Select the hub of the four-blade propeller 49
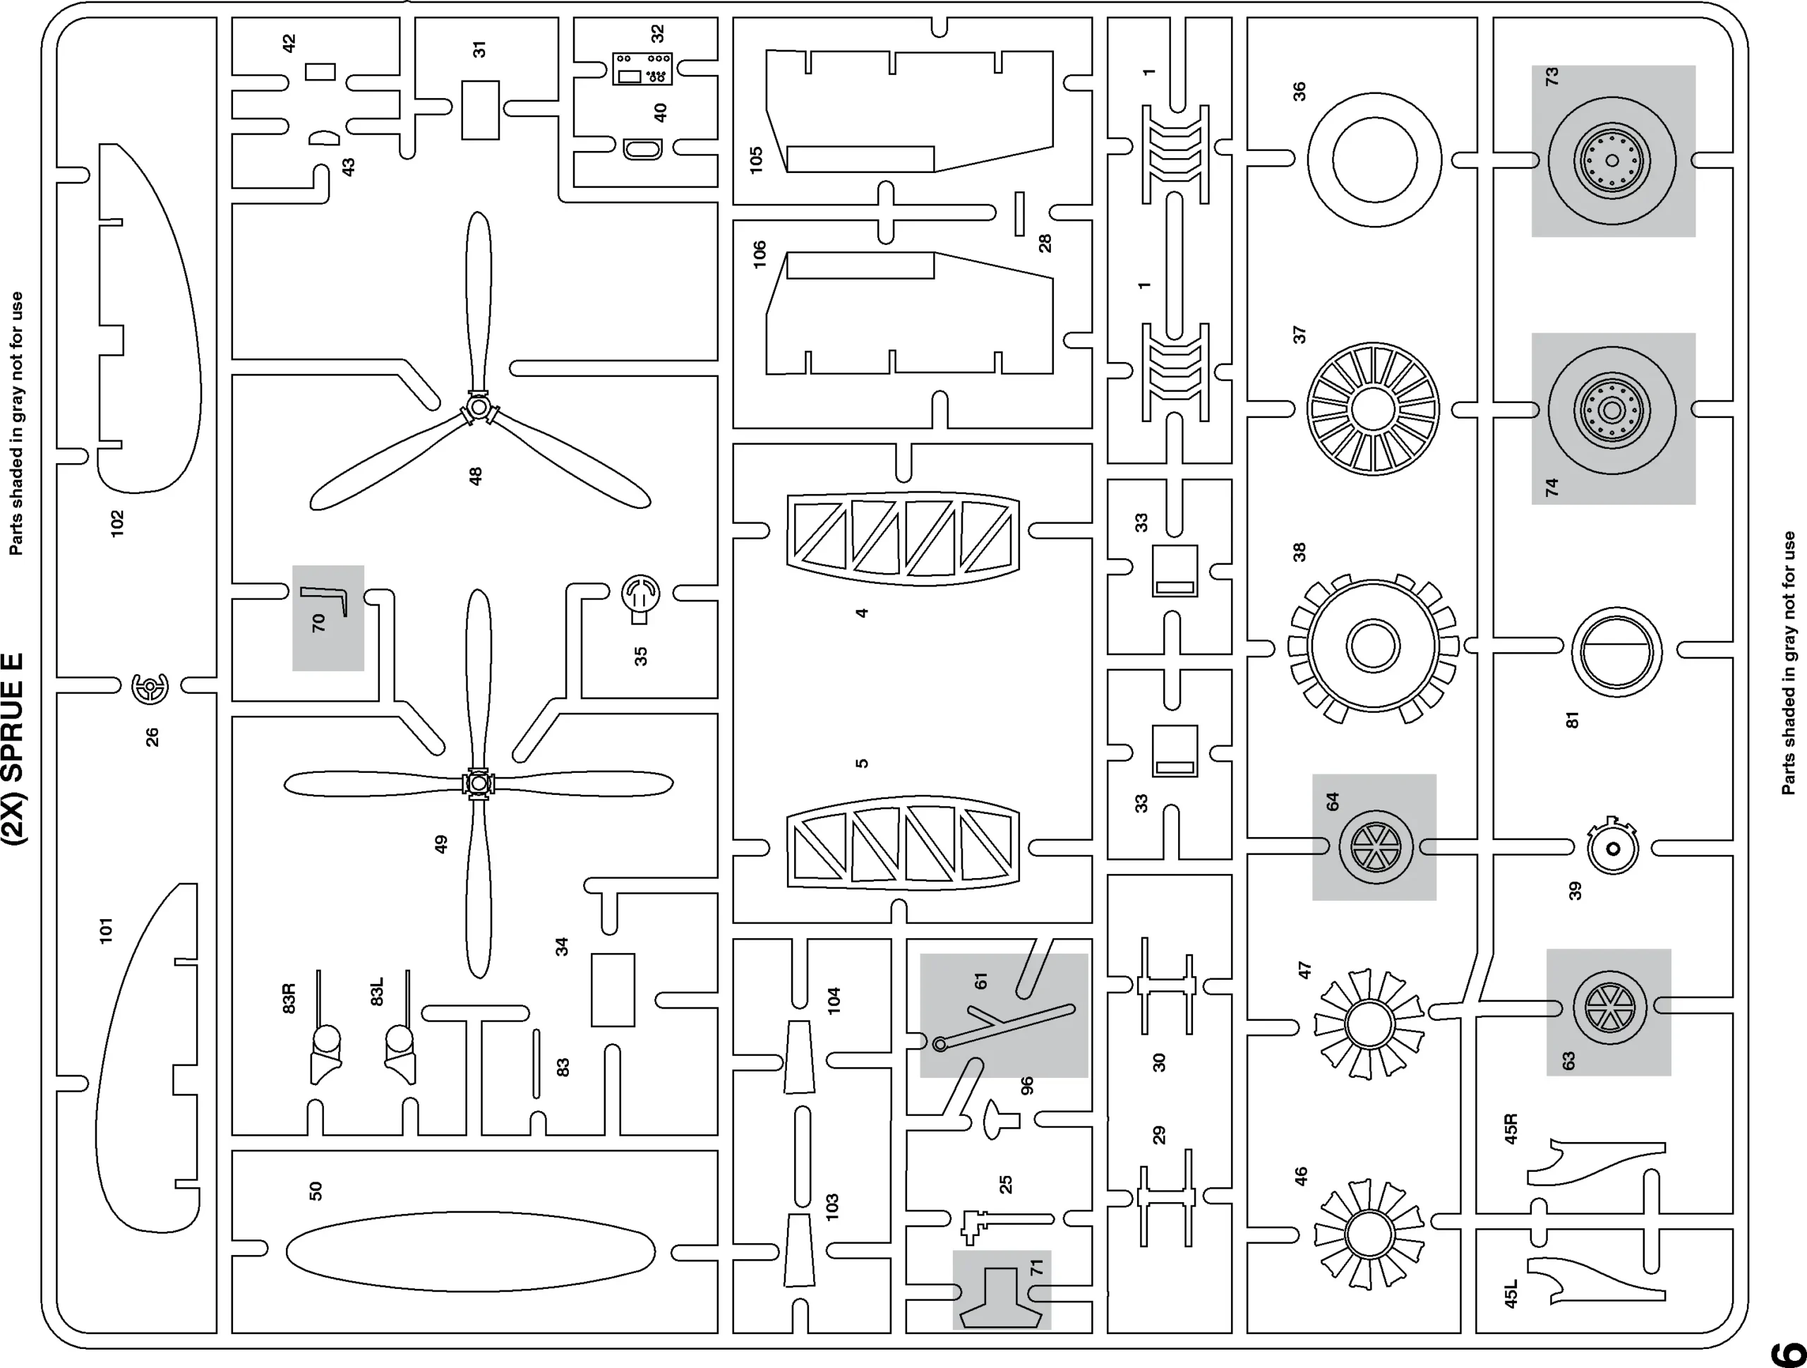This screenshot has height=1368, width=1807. click(478, 784)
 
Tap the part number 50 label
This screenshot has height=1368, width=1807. click(316, 1191)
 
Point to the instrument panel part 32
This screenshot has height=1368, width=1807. click(642, 69)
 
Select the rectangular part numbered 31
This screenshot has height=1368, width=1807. click(481, 109)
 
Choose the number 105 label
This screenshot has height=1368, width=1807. click(756, 157)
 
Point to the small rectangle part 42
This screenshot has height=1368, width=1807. click(320, 72)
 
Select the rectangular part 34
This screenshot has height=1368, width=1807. click(613, 990)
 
